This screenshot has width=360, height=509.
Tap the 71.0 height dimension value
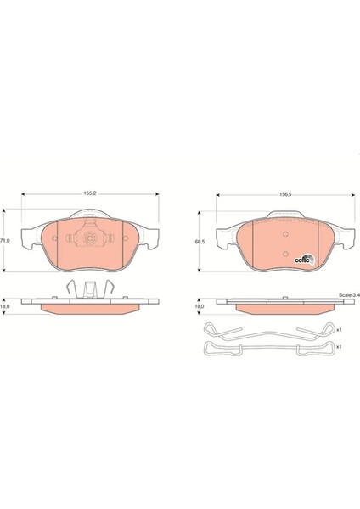5,241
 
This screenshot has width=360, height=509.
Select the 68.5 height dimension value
200,242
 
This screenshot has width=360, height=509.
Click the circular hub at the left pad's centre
87,238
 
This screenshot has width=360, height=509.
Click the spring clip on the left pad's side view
87,288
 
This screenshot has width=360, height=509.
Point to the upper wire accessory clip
264,330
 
